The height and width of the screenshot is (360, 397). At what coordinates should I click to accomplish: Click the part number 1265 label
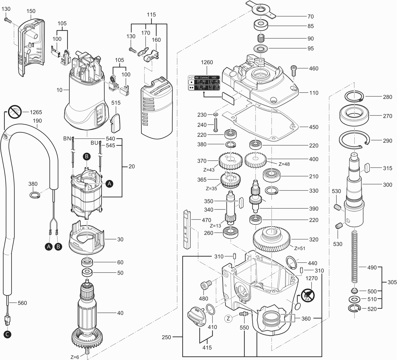coord(36,112)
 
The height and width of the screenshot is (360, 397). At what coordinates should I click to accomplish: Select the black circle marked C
coord(8,334)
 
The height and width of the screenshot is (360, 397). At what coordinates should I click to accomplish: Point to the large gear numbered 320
coord(272,237)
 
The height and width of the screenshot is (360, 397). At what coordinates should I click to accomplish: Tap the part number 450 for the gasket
coord(314,127)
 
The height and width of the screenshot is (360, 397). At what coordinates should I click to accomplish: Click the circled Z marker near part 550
coord(228,318)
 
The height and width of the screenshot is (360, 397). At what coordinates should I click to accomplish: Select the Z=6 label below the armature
coord(75,357)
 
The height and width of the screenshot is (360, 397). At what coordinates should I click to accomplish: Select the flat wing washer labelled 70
coord(260,11)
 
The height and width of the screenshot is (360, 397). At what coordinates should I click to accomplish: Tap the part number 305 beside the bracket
coord(392,282)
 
